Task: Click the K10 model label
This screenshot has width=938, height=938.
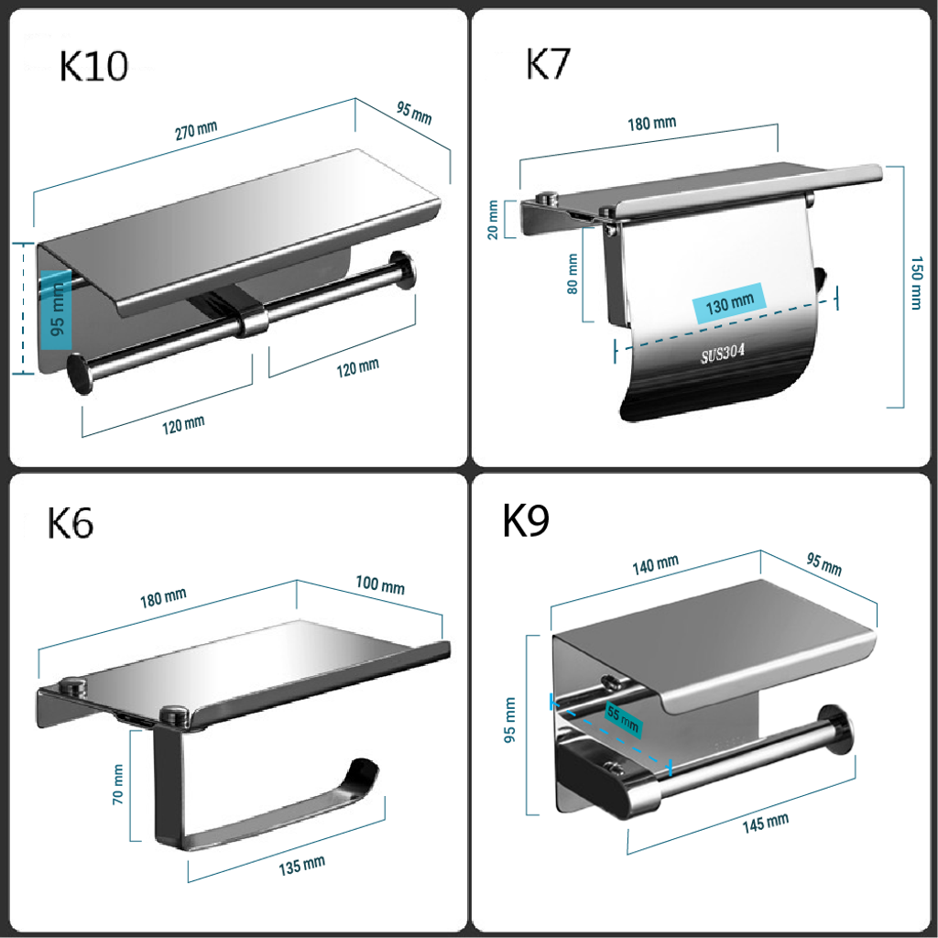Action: (93, 66)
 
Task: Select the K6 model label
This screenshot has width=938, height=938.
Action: (70, 523)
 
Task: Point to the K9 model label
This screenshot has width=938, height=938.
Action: (525, 520)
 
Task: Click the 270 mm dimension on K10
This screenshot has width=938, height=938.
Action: (196, 130)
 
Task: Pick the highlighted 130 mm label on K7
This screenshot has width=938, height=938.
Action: (729, 303)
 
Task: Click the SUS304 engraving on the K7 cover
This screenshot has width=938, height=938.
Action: (723, 354)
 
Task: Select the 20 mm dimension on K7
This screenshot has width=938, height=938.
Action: (492, 220)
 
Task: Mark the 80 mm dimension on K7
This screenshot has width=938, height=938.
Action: (573, 274)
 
